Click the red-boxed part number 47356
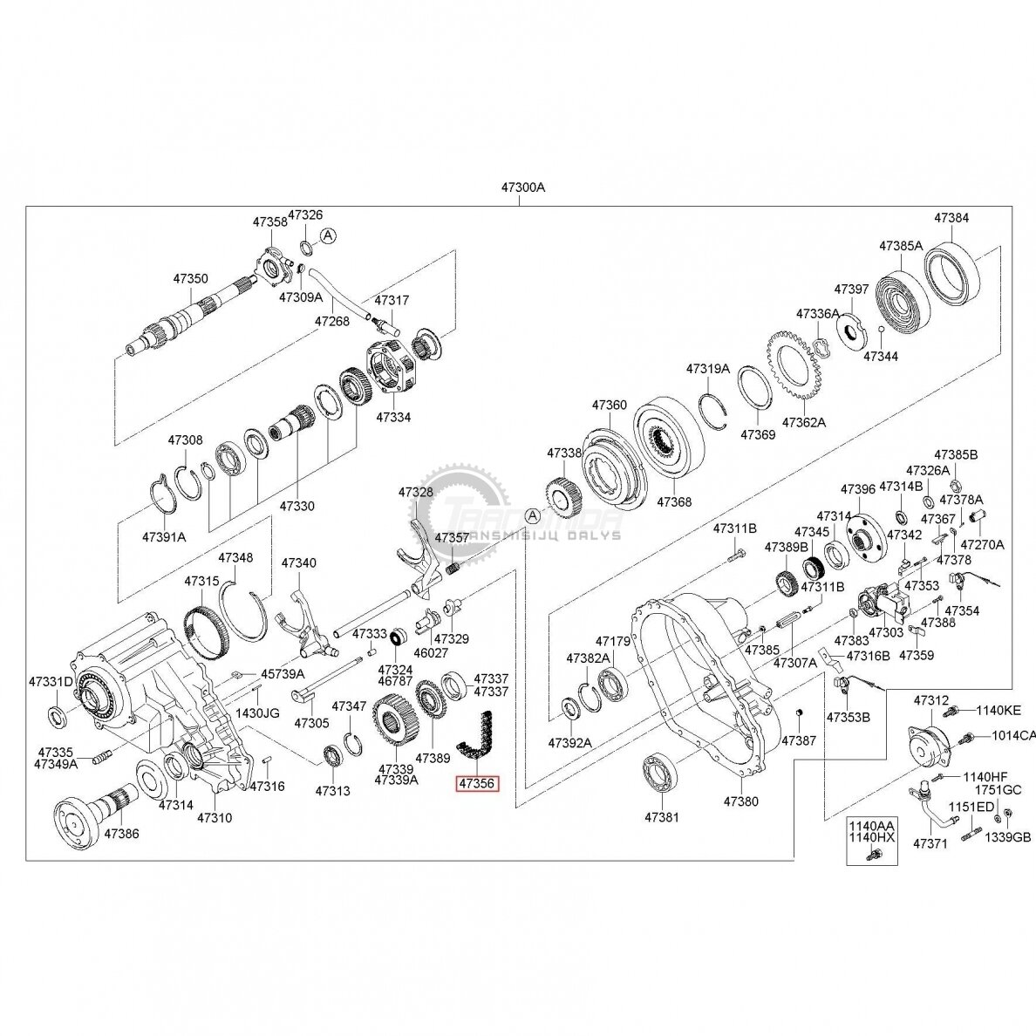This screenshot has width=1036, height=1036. pyautogui.click(x=477, y=784)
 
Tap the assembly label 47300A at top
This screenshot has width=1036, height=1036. pyautogui.click(x=522, y=187)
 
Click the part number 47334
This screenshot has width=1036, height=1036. pyautogui.click(x=393, y=418)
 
